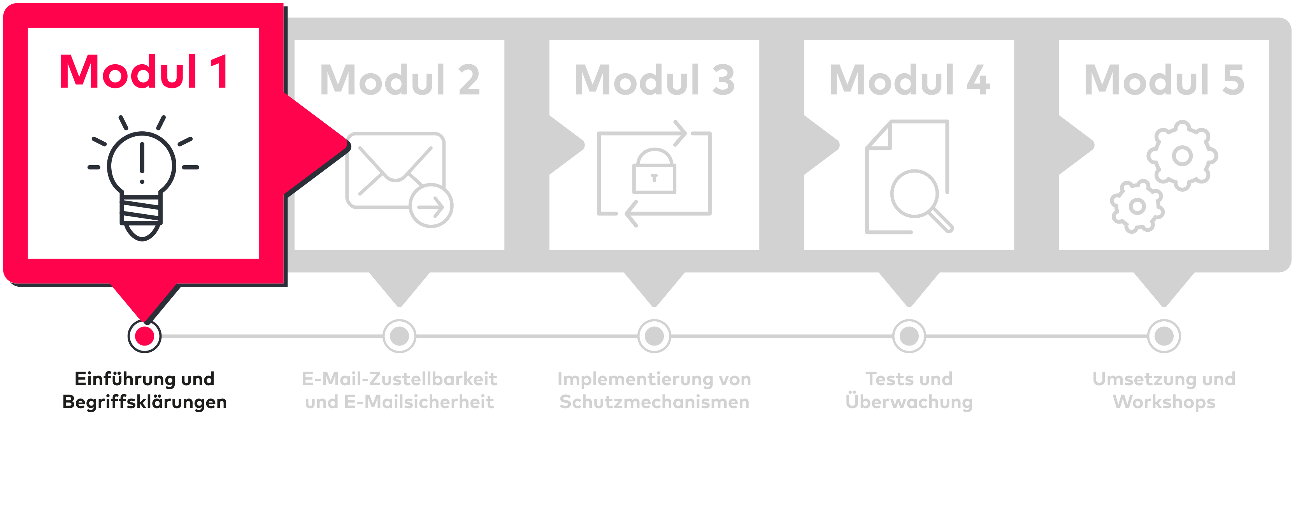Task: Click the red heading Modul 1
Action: tap(144, 72)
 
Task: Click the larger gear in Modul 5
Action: tap(1182, 156)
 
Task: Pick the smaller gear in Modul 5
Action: tap(1137, 206)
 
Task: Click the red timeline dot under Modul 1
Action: tap(144, 336)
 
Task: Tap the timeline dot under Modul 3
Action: tap(654, 336)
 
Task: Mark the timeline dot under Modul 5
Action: tap(1164, 336)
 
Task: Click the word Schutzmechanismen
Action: tap(654, 402)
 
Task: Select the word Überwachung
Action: tap(909, 402)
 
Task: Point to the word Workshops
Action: tap(1164, 402)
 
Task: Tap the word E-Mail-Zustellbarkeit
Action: tap(399, 379)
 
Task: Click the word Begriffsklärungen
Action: tap(144, 402)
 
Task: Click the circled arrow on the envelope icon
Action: tap(431, 206)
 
